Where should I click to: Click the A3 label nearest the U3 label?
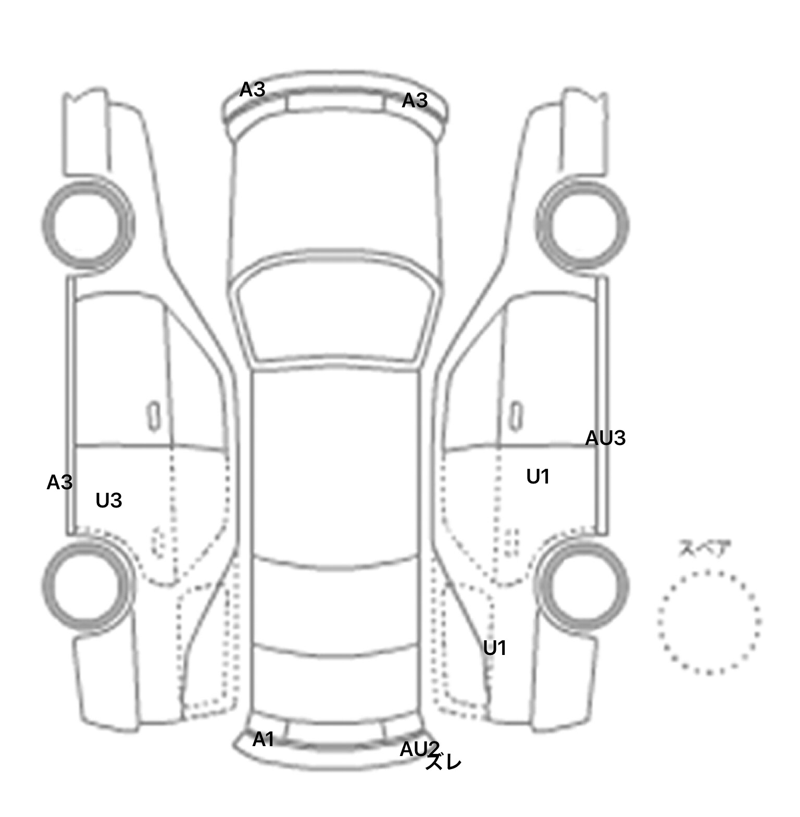(59, 483)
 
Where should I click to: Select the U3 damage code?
(109, 501)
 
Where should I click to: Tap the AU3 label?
(605, 438)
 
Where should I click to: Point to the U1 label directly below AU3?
(538, 477)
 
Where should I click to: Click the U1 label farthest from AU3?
(495, 648)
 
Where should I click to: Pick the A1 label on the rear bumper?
(263, 739)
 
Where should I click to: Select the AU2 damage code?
(419, 749)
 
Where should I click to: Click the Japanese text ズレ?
(443, 763)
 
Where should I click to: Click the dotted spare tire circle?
(709, 622)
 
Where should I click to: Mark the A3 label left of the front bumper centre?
(253, 90)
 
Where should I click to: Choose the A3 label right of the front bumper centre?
(415, 101)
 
